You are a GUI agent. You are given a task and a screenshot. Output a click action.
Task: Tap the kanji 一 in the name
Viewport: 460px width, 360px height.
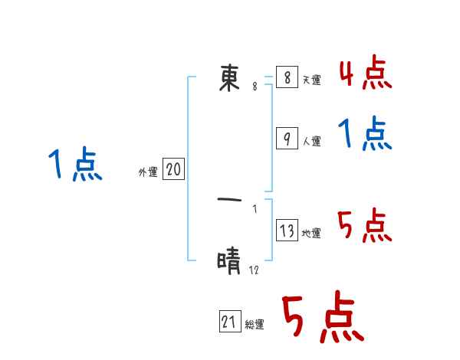pos(230,200)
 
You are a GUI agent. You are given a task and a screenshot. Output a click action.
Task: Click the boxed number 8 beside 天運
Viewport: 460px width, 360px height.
pos(287,77)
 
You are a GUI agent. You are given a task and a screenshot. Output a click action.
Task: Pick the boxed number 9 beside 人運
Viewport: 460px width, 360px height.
pos(287,139)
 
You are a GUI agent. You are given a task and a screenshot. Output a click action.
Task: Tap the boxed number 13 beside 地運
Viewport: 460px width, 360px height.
pos(287,231)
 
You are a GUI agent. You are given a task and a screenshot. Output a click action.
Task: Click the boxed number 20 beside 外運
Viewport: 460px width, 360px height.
pos(173,170)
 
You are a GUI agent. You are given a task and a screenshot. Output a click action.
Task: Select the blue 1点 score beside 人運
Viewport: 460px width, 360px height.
pos(366,135)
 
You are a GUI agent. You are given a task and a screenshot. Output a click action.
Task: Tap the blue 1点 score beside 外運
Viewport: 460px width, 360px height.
pos(75,165)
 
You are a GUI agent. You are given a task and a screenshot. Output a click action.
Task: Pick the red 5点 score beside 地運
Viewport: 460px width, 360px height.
pos(366,227)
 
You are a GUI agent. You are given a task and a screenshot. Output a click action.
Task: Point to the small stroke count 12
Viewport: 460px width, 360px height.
pos(255,270)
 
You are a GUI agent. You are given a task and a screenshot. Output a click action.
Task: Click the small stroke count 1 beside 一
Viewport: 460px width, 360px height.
pos(255,208)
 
